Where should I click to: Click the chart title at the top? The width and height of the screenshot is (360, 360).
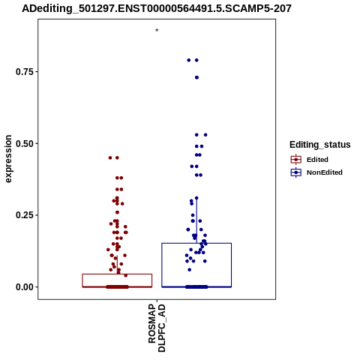click(157, 8)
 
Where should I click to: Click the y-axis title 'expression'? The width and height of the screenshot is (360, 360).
click(8, 159)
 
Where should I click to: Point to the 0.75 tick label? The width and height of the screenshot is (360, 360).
click(25, 72)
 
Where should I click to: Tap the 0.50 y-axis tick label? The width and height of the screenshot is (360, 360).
click(25, 144)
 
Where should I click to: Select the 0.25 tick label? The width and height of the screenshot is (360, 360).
click(25, 215)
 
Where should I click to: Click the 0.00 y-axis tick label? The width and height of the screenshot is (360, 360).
click(25, 287)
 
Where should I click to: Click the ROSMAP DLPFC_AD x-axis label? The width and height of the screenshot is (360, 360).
click(157, 328)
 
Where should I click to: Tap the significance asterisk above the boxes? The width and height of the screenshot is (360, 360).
click(157, 31)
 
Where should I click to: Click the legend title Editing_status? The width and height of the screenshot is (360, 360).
click(320, 145)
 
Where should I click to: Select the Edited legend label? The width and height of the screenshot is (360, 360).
click(317, 160)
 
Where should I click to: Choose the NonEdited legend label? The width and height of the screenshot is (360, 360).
click(325, 172)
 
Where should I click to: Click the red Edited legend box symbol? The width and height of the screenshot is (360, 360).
click(296, 159)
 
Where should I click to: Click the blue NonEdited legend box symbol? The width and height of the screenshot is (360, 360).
click(296, 172)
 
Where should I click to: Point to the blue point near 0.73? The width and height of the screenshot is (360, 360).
click(196, 77)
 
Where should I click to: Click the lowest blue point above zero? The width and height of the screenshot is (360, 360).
click(190, 270)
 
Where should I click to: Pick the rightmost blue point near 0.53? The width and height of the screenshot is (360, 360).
click(205, 135)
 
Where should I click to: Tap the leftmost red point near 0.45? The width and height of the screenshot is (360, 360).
click(110, 157)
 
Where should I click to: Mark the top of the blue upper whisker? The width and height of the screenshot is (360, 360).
click(196, 198)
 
